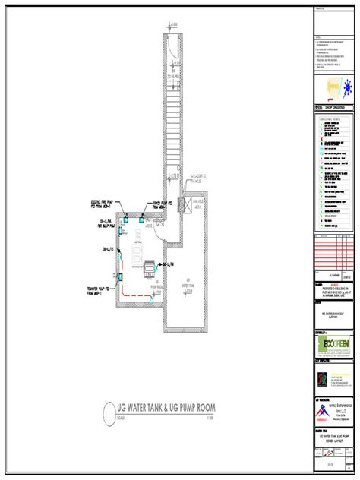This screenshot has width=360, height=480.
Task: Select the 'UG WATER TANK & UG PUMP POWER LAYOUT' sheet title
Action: [x=333, y=440]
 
